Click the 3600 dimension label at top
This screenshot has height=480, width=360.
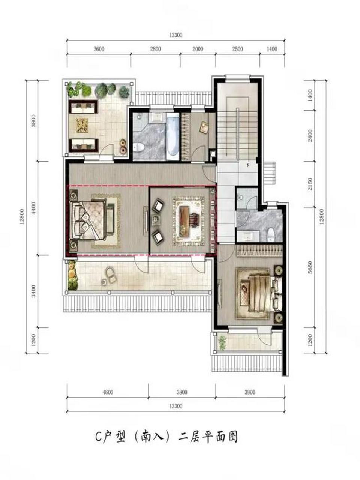pos(99,49)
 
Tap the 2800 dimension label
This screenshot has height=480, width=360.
pos(155,49)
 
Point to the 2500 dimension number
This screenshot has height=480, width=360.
pos(238,49)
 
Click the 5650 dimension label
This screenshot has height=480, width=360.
pos(310,267)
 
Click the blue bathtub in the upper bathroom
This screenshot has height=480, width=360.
pos(173,137)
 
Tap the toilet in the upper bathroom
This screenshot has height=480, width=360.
pos(138,147)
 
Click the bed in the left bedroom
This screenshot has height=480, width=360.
pos(88,220)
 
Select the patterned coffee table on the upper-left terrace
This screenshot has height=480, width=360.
pos(82,125)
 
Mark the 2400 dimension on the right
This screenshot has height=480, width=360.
pos(310,136)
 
